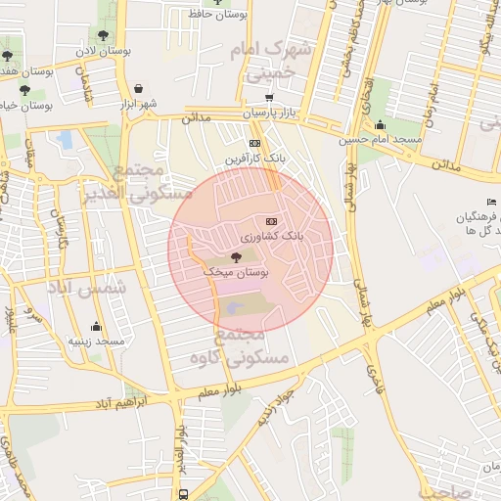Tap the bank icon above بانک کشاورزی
[271, 220]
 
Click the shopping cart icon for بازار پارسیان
[269, 98]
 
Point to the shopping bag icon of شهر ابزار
[138, 88]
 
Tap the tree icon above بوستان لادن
[105, 33]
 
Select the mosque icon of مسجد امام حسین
[380, 124]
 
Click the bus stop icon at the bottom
[183, 494]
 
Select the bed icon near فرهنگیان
[492, 202]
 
